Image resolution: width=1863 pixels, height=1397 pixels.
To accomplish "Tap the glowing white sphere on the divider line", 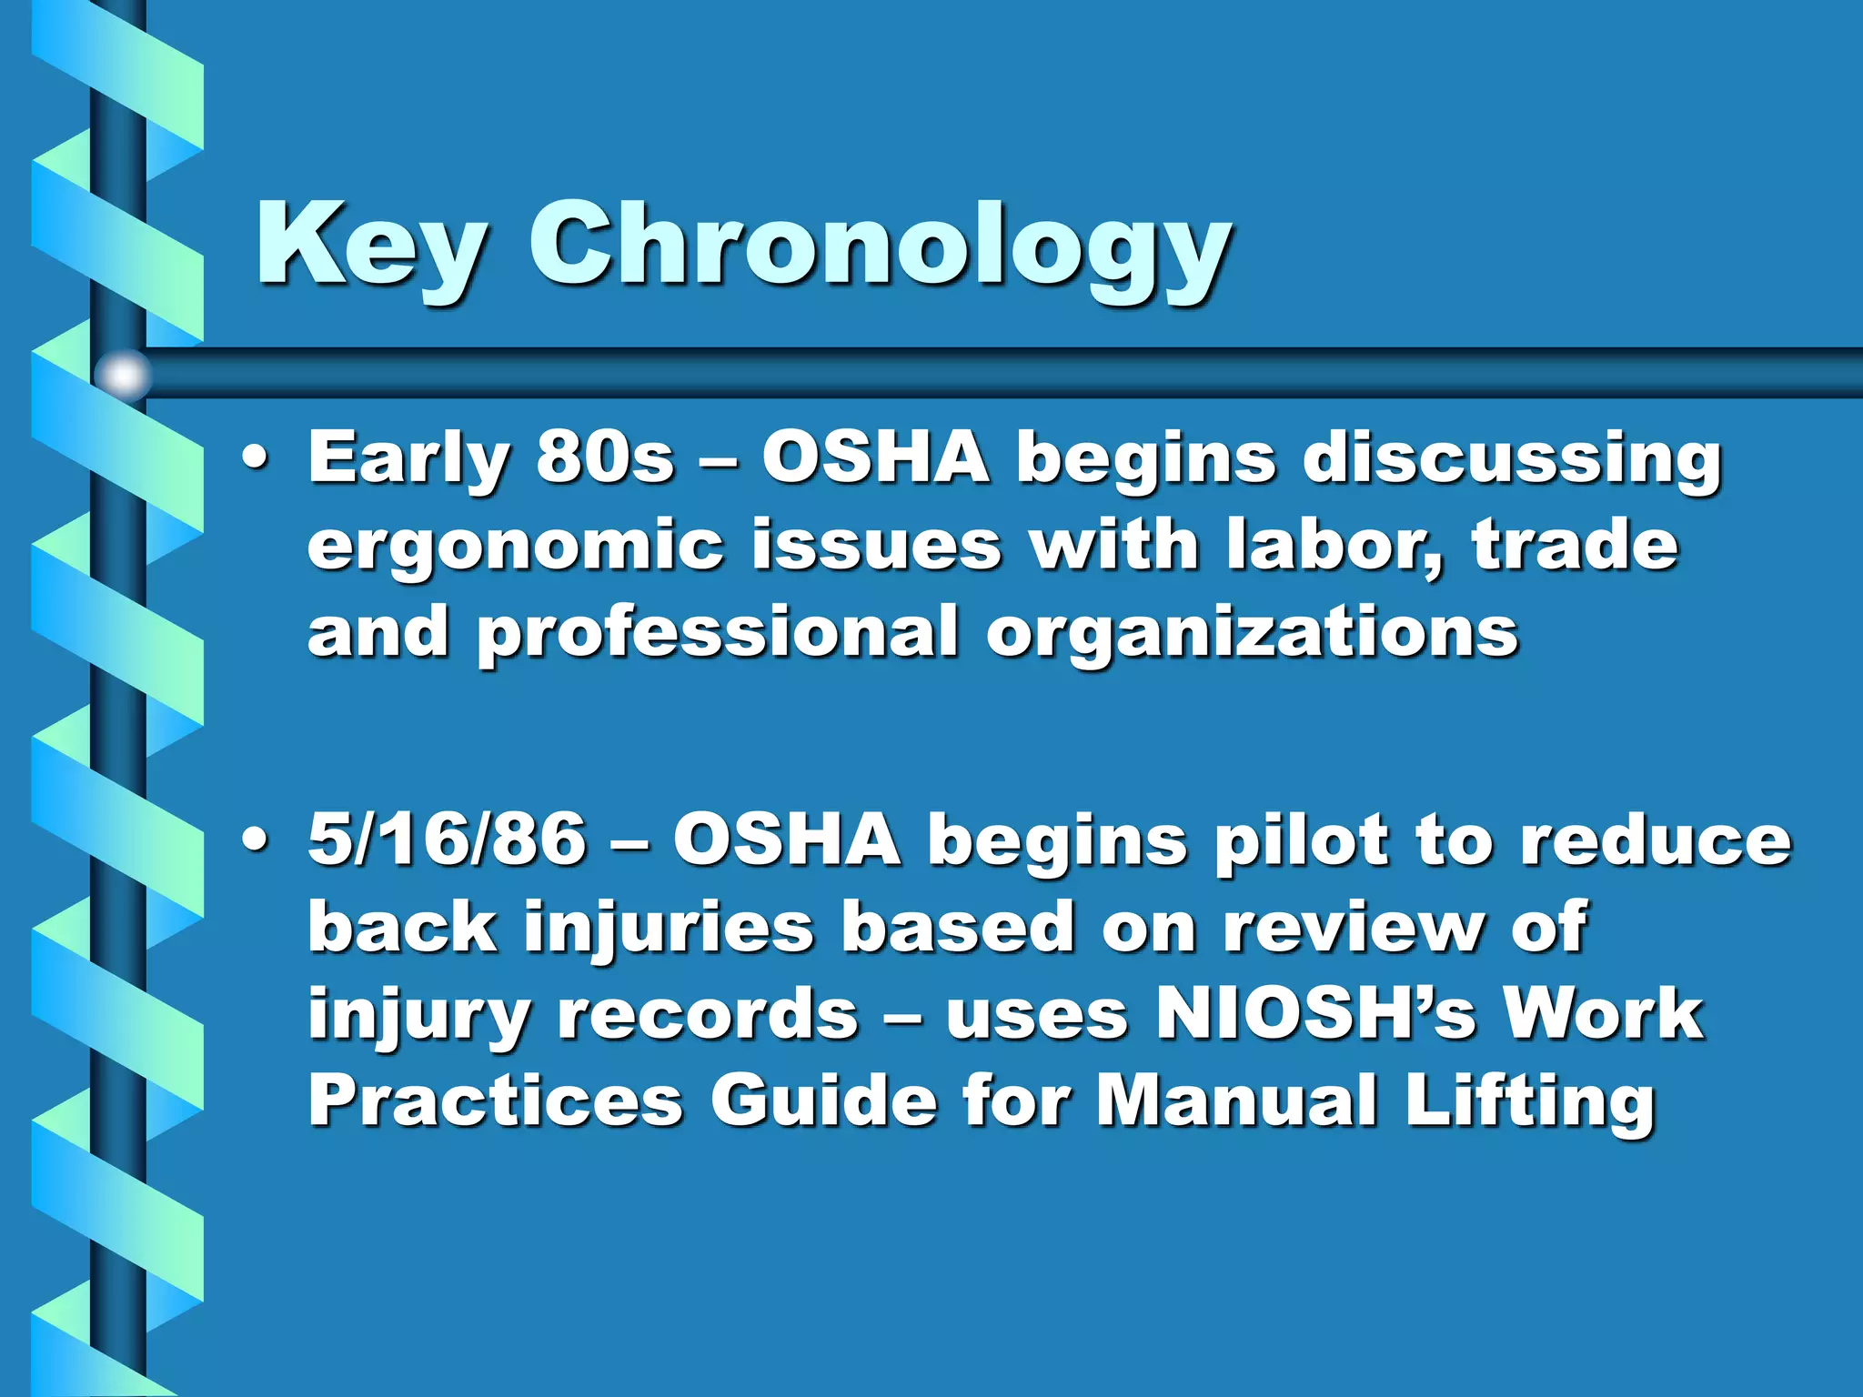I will (x=124, y=374).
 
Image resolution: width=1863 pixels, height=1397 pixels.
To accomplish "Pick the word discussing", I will (x=1511, y=460).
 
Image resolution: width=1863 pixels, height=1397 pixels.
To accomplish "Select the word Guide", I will (x=823, y=1101).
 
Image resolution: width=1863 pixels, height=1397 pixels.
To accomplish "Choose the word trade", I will (x=1575, y=546).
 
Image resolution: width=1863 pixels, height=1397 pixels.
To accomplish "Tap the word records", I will (x=707, y=1014).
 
